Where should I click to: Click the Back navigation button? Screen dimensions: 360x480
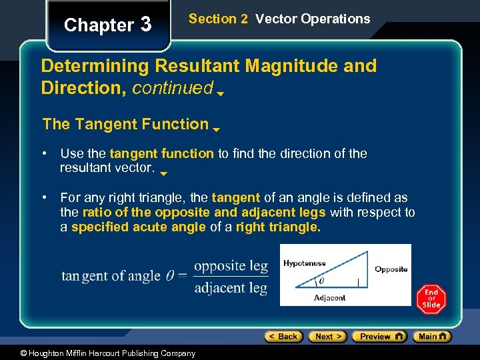coord(283,337)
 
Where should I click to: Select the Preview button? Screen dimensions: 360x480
coord(379,337)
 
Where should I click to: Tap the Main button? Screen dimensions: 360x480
coord(431,337)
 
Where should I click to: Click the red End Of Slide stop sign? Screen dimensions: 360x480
coord(431,299)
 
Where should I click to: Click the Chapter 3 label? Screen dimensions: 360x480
coord(108,25)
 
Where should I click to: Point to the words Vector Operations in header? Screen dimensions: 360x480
coord(312,19)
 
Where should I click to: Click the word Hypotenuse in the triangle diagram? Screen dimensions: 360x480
coord(304,263)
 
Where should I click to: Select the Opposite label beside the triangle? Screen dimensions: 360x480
coord(391,269)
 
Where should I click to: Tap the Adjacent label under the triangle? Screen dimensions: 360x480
coord(329,298)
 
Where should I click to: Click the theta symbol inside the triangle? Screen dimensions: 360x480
coord(321,281)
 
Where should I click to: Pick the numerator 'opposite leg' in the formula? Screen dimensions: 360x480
coord(231,266)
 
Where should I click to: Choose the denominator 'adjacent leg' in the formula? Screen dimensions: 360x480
coord(231,288)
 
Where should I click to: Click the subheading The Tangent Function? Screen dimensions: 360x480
coord(125,124)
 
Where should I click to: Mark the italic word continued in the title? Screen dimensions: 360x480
coord(173,88)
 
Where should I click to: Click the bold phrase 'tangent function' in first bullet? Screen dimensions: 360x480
coord(161,153)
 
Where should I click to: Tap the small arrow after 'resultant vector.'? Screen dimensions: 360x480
coord(164,172)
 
